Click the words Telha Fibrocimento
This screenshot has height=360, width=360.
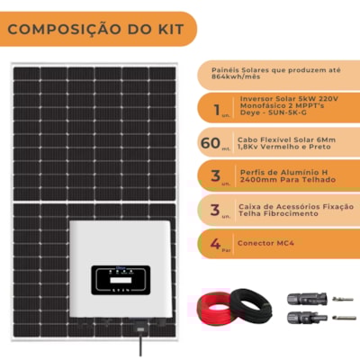tap(276, 215)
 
